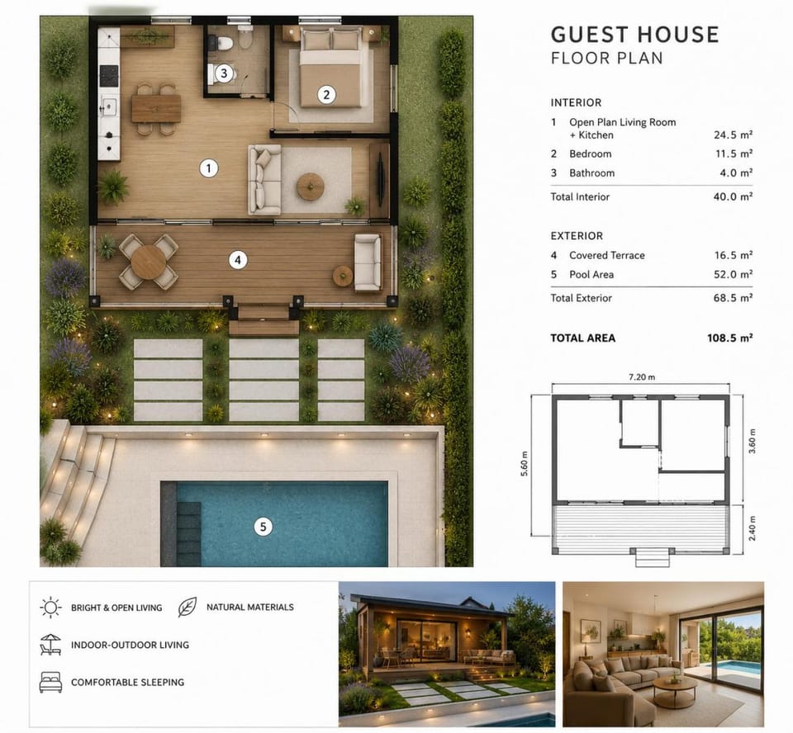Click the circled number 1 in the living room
pos(208,168)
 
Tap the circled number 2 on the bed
pos(326,95)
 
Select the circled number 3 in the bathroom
pos(224,73)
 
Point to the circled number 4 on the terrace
pos(238,260)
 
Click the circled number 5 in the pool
pos(263,527)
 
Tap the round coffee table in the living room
pos(310,186)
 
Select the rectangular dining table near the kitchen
pos(156,109)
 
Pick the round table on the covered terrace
pos(148,262)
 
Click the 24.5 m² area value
pos(733,135)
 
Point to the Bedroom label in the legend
pos(590,154)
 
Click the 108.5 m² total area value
pos(729,338)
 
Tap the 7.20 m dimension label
pos(642,377)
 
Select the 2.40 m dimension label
pos(752,527)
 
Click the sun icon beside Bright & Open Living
pos(50,608)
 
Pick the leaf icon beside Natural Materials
pos(188,608)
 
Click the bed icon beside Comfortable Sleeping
pos(50,682)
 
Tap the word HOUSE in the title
pos(677,35)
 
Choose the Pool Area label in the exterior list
pos(591,275)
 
